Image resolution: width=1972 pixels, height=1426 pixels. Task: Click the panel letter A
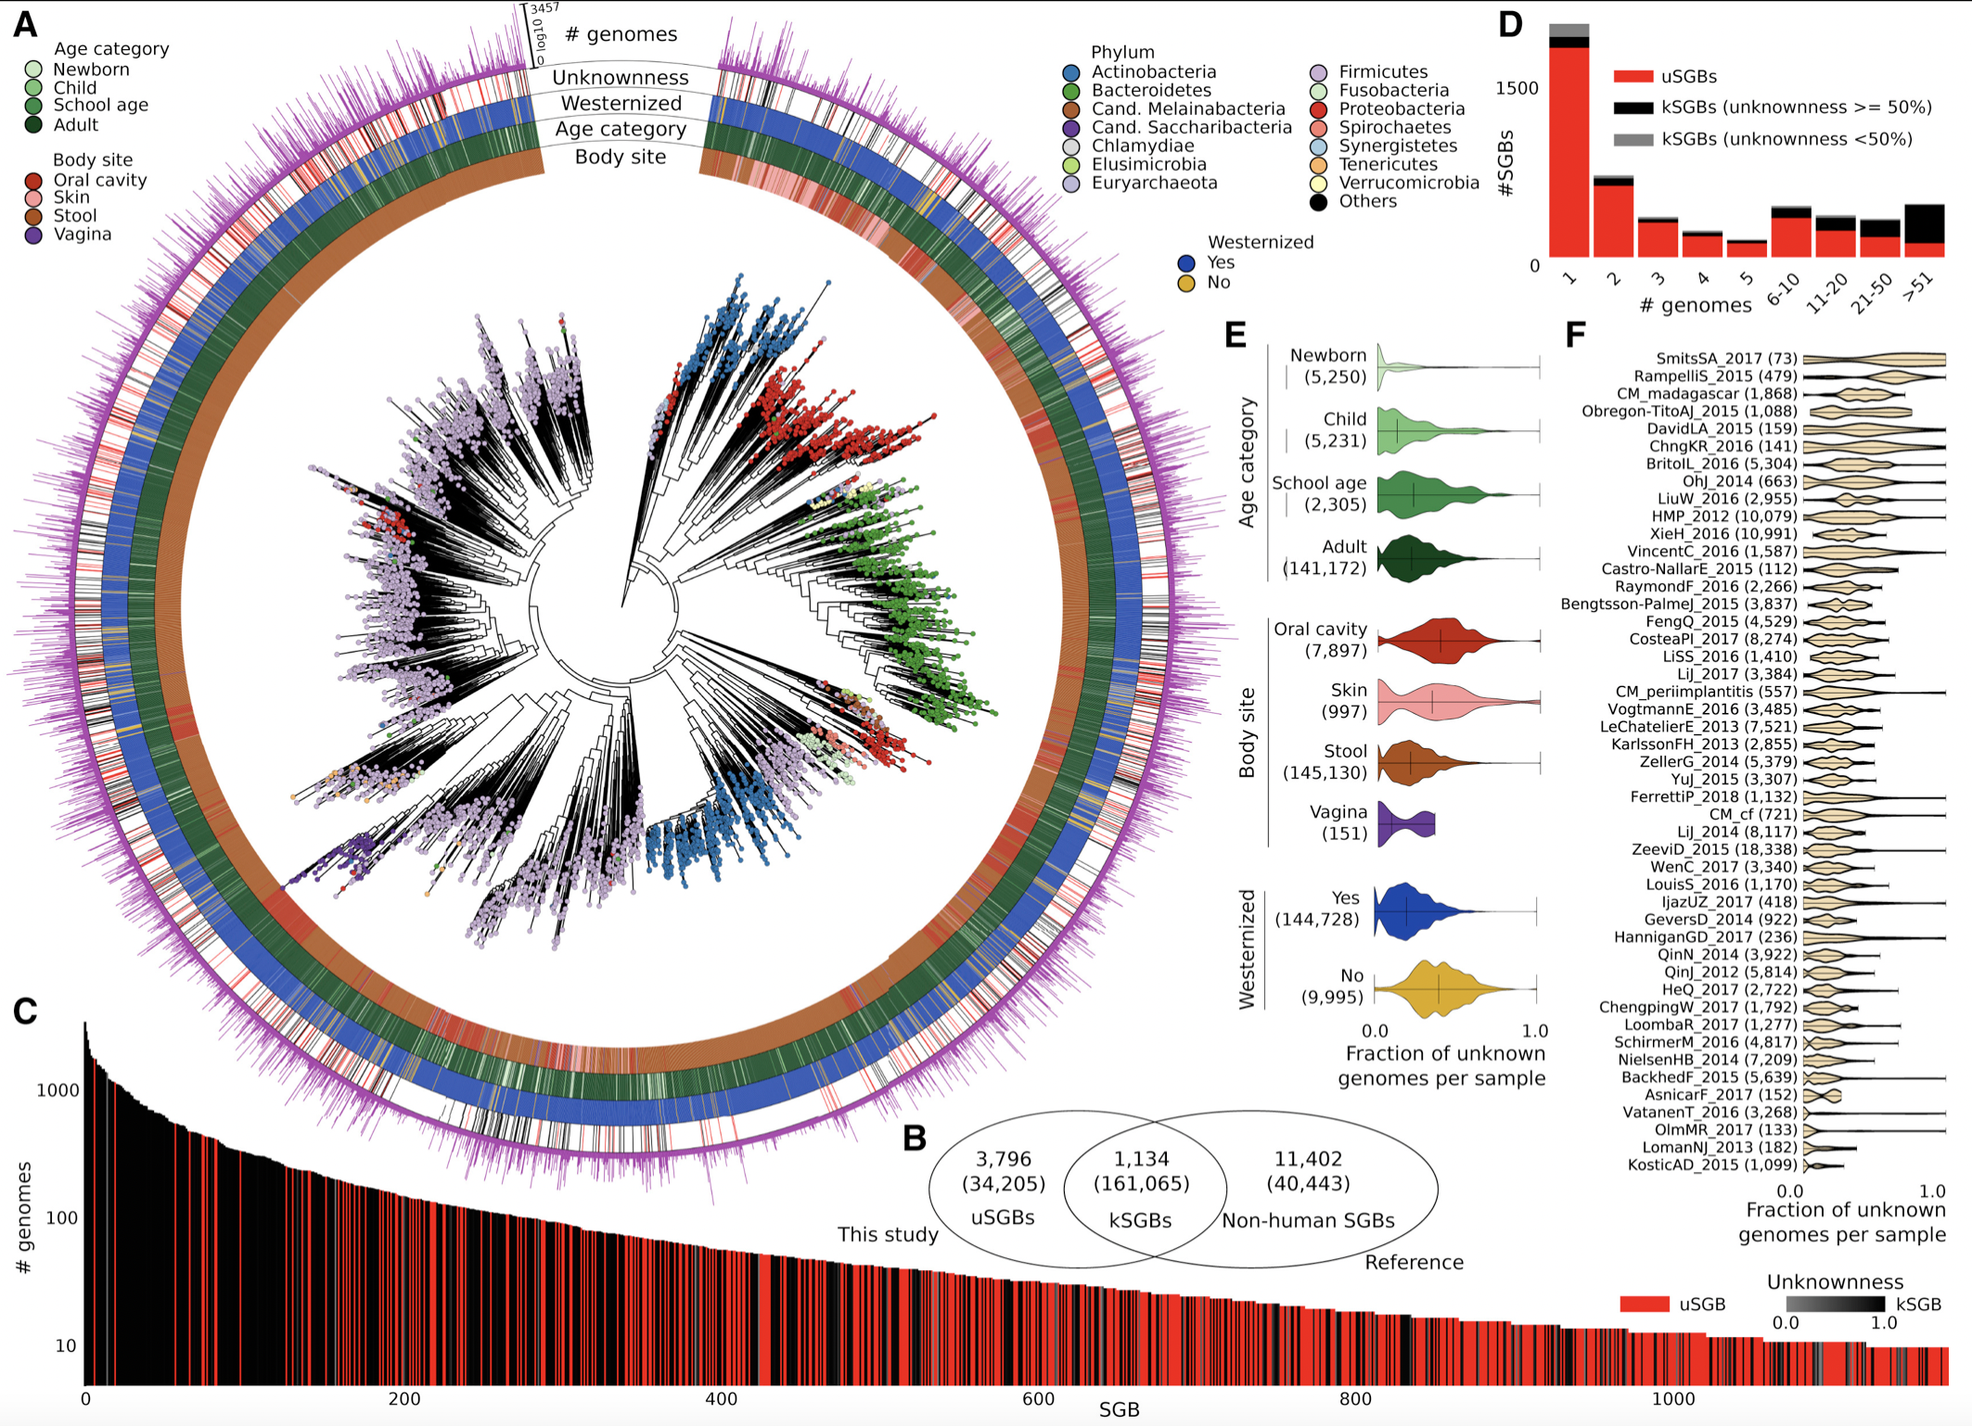(25, 24)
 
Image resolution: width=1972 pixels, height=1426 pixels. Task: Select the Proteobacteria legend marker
(1318, 109)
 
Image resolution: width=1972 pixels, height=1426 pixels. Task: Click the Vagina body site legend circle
(33, 235)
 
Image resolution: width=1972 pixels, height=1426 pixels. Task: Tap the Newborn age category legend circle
(33, 70)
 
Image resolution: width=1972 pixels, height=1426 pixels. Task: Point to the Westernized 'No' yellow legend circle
(1185, 283)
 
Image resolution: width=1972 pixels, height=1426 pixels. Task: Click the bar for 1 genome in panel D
(1569, 148)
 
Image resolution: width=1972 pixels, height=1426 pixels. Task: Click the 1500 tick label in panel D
(1517, 88)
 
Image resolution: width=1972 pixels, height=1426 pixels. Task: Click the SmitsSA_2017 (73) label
(1726, 359)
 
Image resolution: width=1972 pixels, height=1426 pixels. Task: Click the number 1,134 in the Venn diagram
(1141, 1159)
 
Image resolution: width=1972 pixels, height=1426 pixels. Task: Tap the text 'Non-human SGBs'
(1308, 1221)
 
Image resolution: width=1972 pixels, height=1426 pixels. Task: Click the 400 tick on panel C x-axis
(721, 1399)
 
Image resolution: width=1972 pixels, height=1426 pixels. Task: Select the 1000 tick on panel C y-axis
(58, 1090)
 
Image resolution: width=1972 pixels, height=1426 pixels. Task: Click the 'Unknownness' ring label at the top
(621, 78)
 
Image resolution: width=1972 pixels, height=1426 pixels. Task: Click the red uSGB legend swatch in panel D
(1633, 77)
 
